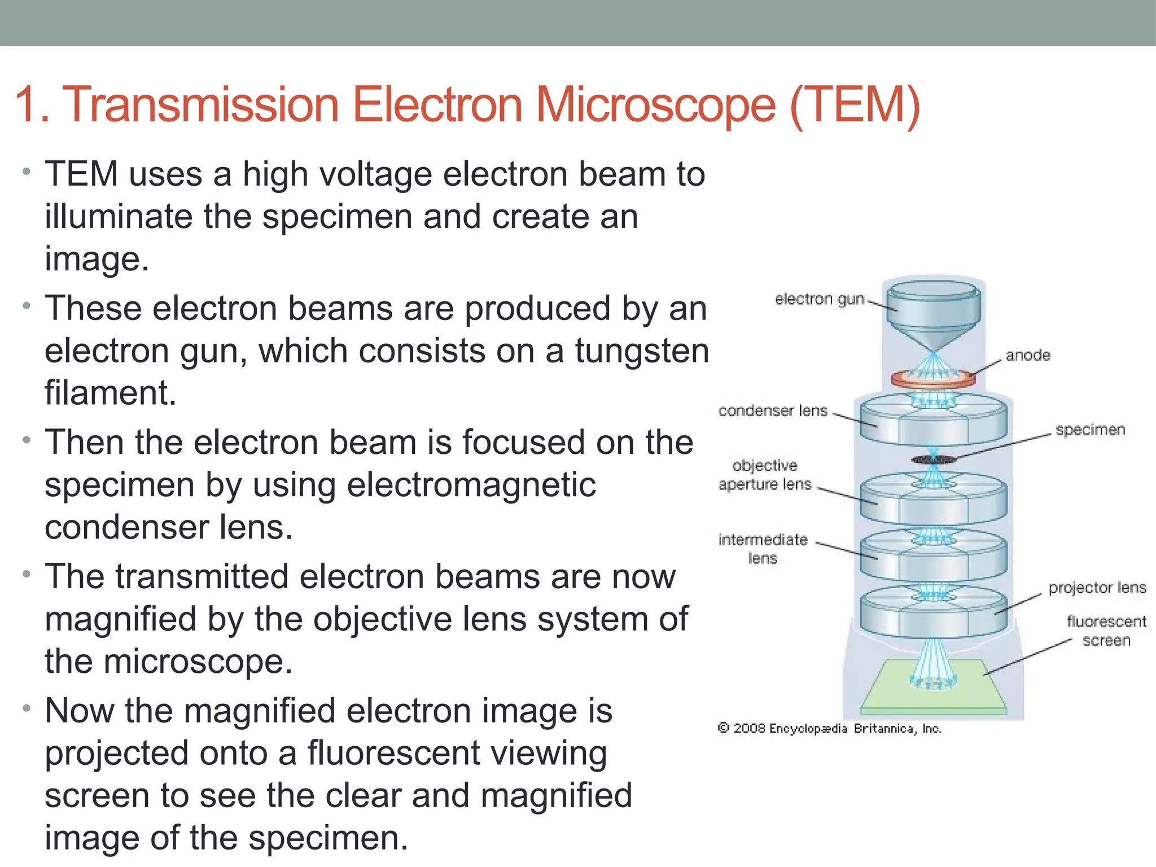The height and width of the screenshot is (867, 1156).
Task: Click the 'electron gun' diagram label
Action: (819, 299)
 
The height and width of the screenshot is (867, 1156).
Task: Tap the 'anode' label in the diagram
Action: (1027, 356)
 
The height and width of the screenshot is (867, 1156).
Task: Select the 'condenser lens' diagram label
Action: (772, 411)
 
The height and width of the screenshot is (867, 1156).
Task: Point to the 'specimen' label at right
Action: (1090, 430)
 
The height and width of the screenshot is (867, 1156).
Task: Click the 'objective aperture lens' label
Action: (764, 475)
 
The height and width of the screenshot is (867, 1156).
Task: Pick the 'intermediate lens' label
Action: (763, 549)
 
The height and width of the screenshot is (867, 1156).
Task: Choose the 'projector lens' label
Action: (1097, 588)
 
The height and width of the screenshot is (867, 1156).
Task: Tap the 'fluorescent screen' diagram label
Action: (1106, 631)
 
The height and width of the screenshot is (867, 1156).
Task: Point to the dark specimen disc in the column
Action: (934, 460)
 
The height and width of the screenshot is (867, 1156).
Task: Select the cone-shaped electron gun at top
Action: (934, 316)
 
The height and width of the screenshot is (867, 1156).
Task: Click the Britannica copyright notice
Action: (829, 729)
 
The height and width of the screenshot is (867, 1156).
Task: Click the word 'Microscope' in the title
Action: (655, 105)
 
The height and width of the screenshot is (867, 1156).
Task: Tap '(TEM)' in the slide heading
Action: (855, 105)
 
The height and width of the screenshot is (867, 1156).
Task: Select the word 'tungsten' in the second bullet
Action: (642, 351)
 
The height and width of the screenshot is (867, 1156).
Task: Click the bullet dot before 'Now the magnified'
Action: (26, 708)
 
